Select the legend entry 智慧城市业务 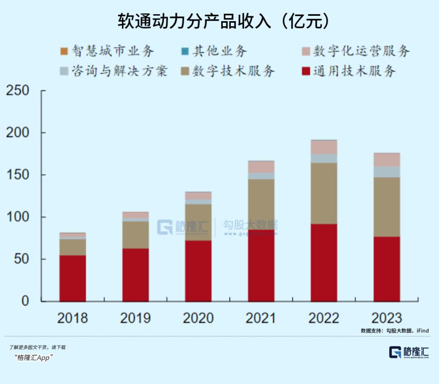pyautogui.click(x=108, y=51)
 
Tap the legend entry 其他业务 pyautogui.click(x=214, y=51)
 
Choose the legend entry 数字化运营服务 pyautogui.click(x=356, y=51)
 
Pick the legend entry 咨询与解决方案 pyautogui.click(x=114, y=72)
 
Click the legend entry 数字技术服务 pyautogui.click(x=228, y=72)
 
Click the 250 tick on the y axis pyautogui.click(x=19, y=91)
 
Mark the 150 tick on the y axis pyautogui.click(x=19, y=175)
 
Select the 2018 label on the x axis pyautogui.click(x=72, y=318)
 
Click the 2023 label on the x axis pyautogui.click(x=387, y=318)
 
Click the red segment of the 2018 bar pyautogui.click(x=73, y=278)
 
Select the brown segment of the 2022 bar pyautogui.click(x=324, y=193)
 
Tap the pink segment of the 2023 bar pyautogui.click(x=387, y=160)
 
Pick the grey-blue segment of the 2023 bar pyautogui.click(x=387, y=171)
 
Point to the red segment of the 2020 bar pyautogui.click(x=198, y=271)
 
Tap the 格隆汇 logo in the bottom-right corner pyautogui.click(x=409, y=352)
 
